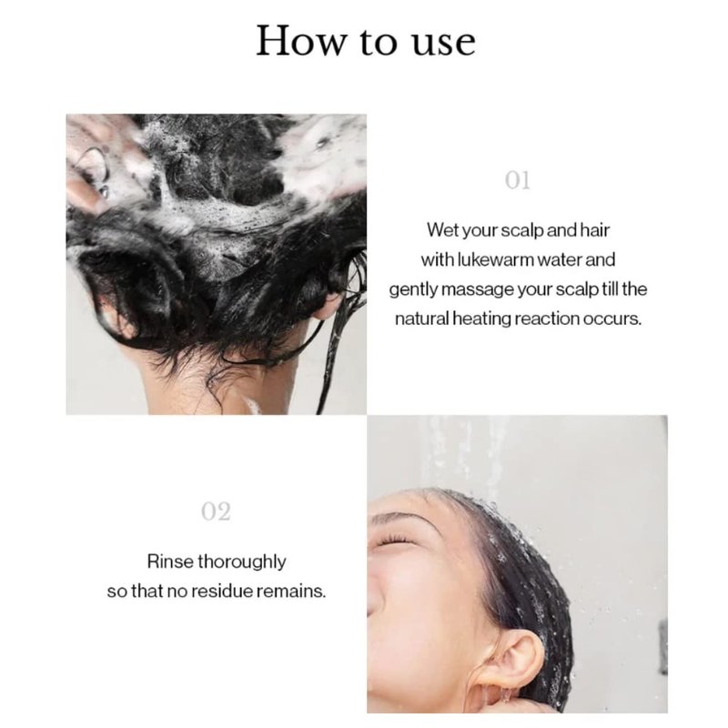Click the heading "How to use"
click(366, 41)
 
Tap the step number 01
click(517, 180)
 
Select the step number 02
click(216, 511)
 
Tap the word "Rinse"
click(170, 561)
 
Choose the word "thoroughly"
click(242, 562)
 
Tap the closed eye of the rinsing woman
click(392, 541)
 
